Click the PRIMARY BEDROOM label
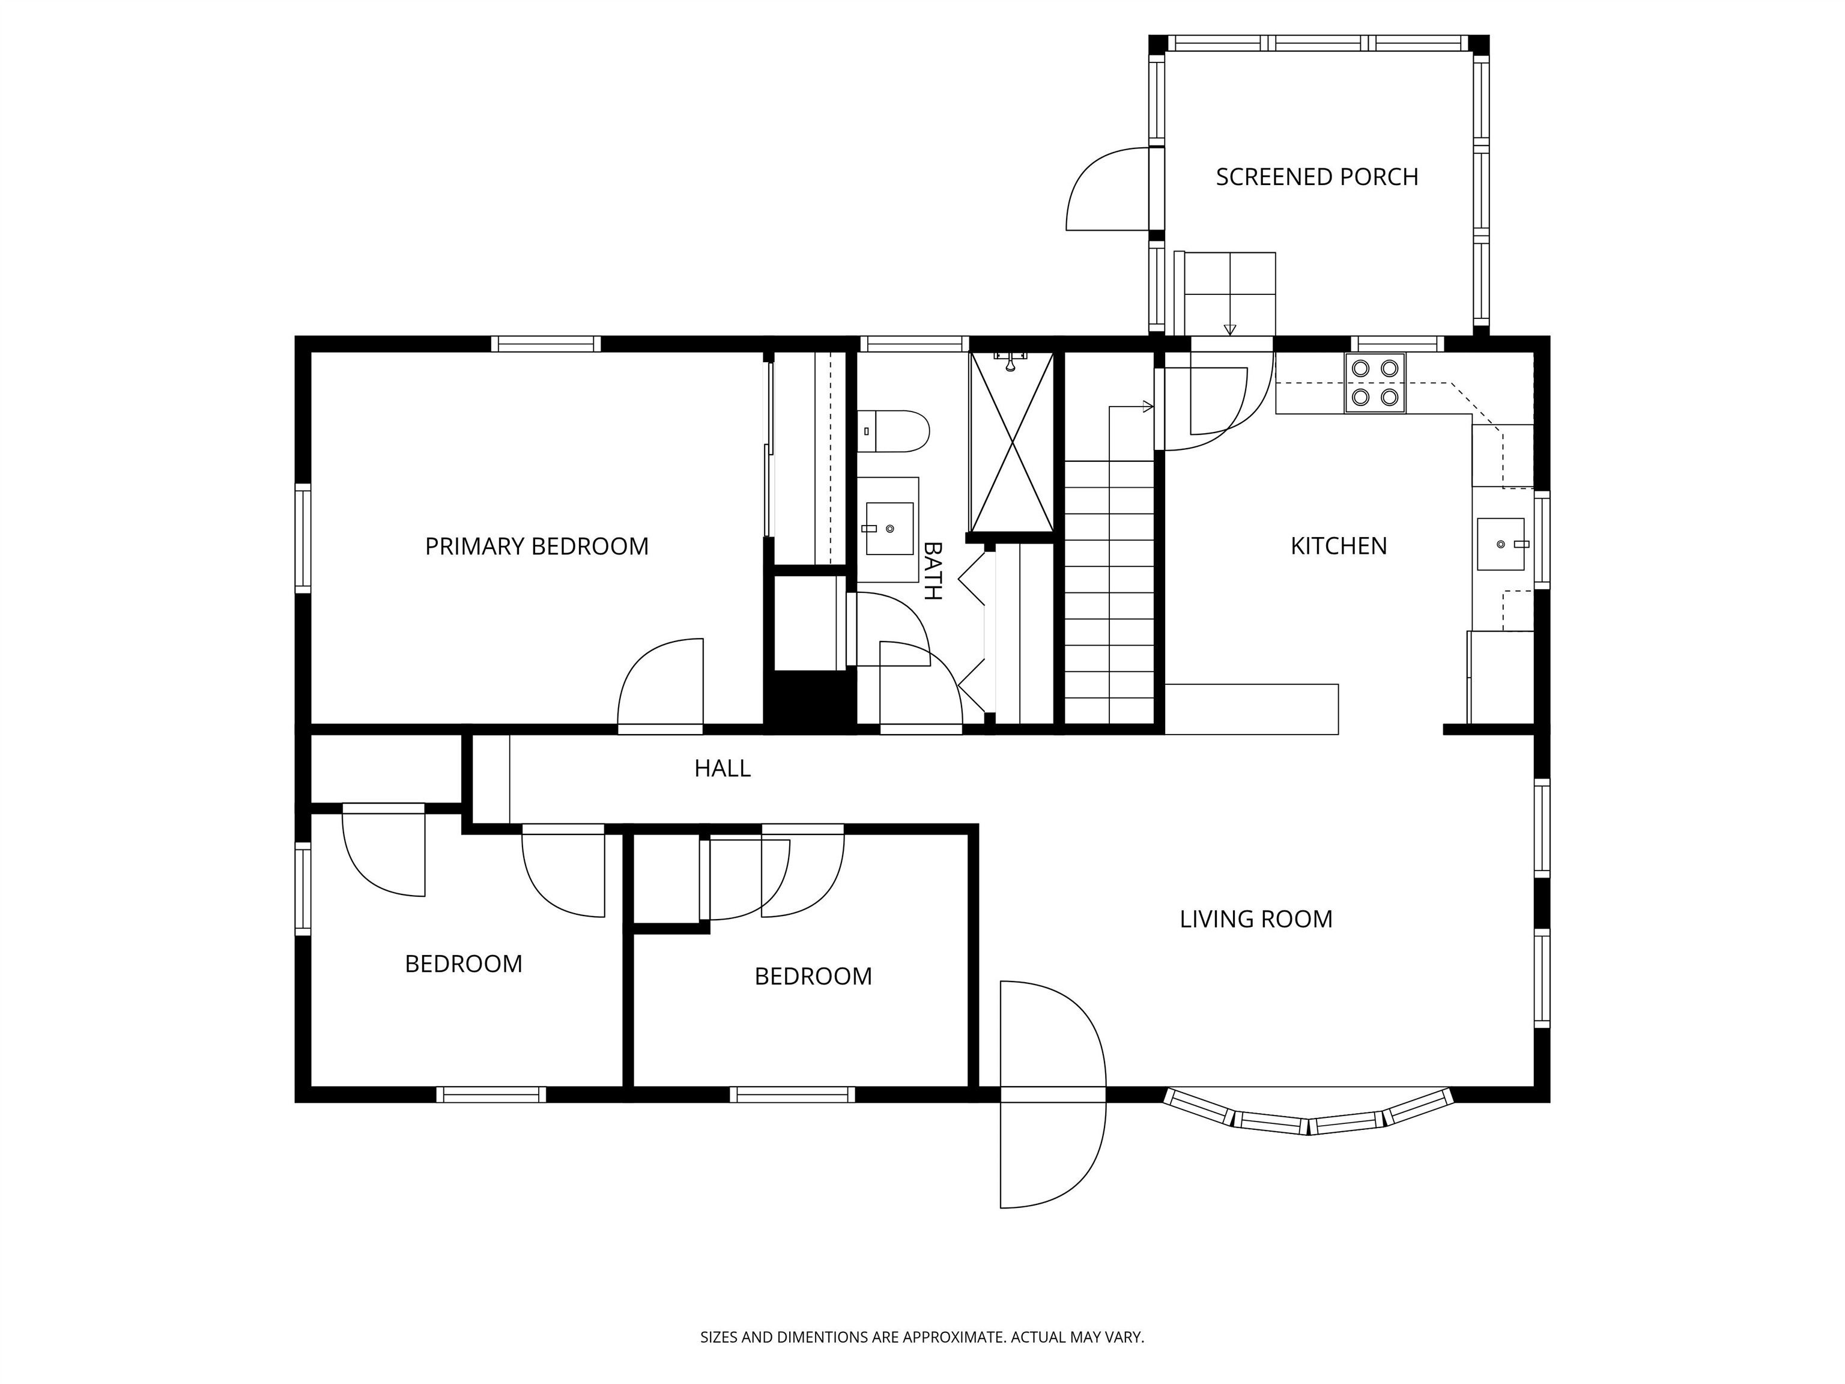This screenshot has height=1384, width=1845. point(536,547)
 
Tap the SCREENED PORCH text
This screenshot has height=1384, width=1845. point(1316,177)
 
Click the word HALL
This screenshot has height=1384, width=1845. point(723,768)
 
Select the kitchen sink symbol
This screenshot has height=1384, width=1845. point(1500,544)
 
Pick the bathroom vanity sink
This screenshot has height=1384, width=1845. point(889,529)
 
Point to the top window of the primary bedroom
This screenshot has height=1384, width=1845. point(545,344)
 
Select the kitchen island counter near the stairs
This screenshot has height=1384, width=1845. point(1250,709)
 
